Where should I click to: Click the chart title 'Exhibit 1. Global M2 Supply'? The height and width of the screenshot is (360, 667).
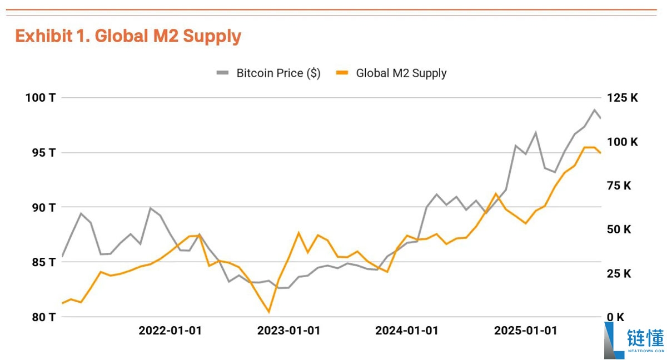point(128,36)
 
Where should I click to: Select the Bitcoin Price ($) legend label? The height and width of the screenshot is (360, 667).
point(278,73)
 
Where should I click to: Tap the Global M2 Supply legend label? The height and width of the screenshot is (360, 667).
point(401,73)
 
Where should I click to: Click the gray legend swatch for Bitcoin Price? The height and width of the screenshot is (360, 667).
point(222,73)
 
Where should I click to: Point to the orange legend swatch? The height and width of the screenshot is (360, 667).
point(342,73)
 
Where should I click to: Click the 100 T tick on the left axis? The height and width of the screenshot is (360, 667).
point(41,98)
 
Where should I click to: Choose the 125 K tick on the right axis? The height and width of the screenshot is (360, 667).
point(623,98)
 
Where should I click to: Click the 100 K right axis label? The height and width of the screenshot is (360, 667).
point(623,142)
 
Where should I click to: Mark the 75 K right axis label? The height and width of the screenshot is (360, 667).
point(619,186)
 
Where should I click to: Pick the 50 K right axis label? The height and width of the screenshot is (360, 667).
point(619,229)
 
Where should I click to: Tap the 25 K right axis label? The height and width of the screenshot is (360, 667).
point(619,273)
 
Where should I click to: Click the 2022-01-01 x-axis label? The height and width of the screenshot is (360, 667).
point(170,331)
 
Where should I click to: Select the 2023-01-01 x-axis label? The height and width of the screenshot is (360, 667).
point(288,331)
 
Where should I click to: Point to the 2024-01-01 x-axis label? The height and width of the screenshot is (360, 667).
point(407,331)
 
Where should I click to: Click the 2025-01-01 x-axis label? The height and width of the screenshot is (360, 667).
point(525,331)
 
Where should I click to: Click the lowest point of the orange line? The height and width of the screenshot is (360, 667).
point(269,312)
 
